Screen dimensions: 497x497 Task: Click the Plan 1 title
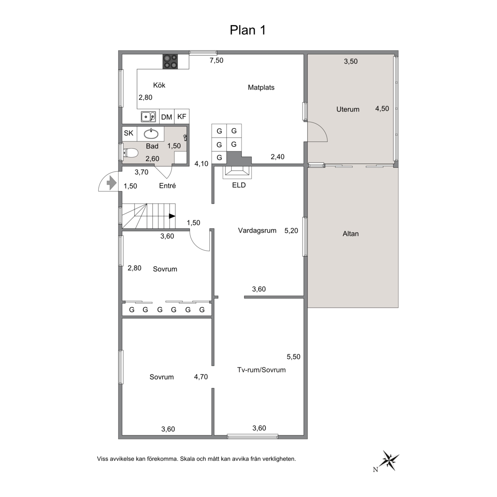pyautogui.click(x=248, y=30)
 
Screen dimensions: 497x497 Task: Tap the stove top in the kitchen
pyautogui.click(x=170, y=62)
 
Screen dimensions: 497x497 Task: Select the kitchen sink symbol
pyautogui.click(x=148, y=116)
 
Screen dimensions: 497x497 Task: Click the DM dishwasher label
pyautogui.click(x=167, y=117)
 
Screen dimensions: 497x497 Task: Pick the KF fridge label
pyautogui.click(x=182, y=116)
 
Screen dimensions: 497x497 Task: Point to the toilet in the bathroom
pyautogui.click(x=131, y=153)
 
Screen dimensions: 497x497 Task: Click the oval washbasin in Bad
pyautogui.click(x=151, y=134)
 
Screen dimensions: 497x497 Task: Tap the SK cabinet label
pyautogui.click(x=129, y=133)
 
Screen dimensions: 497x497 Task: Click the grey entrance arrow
pyautogui.click(x=112, y=182)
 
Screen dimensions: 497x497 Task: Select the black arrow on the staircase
pyautogui.click(x=172, y=216)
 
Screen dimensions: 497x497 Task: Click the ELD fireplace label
pyautogui.click(x=239, y=185)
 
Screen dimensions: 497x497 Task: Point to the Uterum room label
pyautogui.click(x=348, y=109)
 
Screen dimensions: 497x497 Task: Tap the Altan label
pyautogui.click(x=351, y=234)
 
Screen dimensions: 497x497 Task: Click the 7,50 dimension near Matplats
pyautogui.click(x=217, y=60)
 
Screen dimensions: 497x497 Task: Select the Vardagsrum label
pyautogui.click(x=257, y=231)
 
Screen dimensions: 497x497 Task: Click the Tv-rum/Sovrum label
pyautogui.click(x=261, y=370)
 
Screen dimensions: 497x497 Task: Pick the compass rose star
pyautogui.click(x=390, y=460)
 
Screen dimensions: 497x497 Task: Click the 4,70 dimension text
pyautogui.click(x=201, y=377)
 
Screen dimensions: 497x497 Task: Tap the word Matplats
pyautogui.click(x=261, y=88)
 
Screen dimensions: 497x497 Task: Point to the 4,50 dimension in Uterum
pyautogui.click(x=382, y=109)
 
